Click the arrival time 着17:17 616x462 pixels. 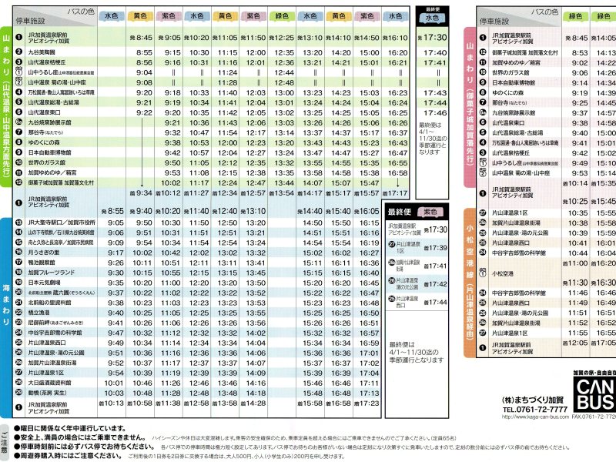click(x=395, y=193)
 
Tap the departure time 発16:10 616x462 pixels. click(x=394, y=37)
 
